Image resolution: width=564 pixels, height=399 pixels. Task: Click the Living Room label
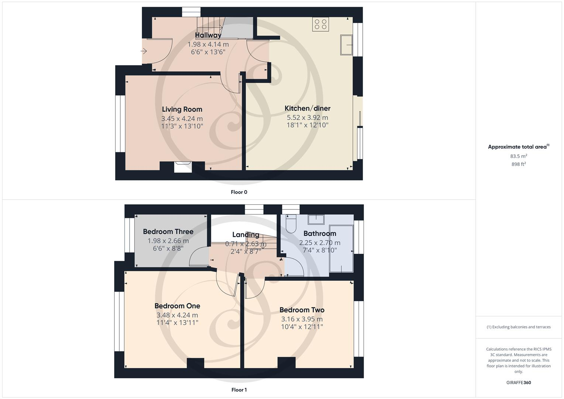pyautogui.click(x=182, y=109)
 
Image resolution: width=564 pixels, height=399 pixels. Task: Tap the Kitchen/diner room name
pyautogui.click(x=307, y=108)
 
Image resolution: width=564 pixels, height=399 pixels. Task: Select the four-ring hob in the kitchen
pyautogui.click(x=320, y=24)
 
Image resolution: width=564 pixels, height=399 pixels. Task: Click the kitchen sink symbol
pyautogui.click(x=346, y=45)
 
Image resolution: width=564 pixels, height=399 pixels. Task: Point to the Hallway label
pyautogui.click(x=208, y=35)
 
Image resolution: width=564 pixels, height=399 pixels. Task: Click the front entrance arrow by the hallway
pyautogui.click(x=144, y=51)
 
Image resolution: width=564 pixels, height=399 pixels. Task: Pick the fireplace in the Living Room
pyautogui.click(x=183, y=167)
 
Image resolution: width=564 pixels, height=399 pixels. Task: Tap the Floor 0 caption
pyautogui.click(x=239, y=192)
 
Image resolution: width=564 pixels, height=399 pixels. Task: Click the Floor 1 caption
pyautogui.click(x=239, y=390)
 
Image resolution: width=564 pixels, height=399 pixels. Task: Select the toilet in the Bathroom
pyautogui.click(x=291, y=224)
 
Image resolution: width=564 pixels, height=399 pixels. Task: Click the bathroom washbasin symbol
pyautogui.click(x=316, y=219)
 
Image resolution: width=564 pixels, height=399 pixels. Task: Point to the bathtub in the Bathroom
pyautogui.click(x=341, y=248)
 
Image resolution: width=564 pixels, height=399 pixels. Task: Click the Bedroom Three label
pyautogui.click(x=168, y=232)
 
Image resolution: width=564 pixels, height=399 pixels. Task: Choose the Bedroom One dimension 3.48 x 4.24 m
pyautogui.click(x=177, y=315)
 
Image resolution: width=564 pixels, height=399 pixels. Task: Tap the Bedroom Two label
pyautogui.click(x=302, y=310)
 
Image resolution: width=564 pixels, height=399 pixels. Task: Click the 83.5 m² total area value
pyautogui.click(x=519, y=156)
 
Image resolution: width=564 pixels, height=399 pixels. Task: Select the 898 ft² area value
pyautogui.click(x=519, y=164)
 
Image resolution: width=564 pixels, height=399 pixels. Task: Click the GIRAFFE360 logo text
pyautogui.click(x=519, y=382)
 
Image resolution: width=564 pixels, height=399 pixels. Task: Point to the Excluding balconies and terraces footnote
pyautogui.click(x=519, y=327)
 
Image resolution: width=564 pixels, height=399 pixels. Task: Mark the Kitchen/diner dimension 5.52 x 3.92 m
pyautogui.click(x=307, y=117)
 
